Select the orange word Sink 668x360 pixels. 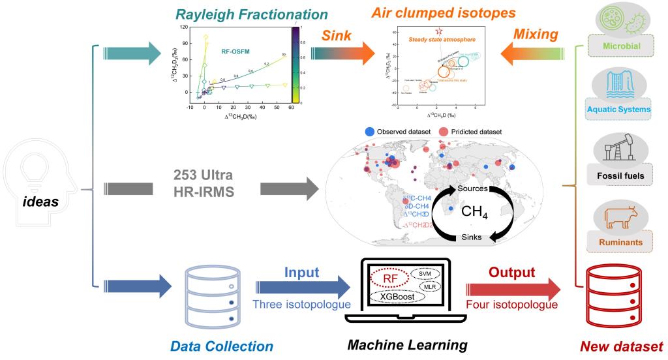click(x=337, y=40)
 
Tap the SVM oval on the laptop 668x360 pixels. click(x=425, y=273)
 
